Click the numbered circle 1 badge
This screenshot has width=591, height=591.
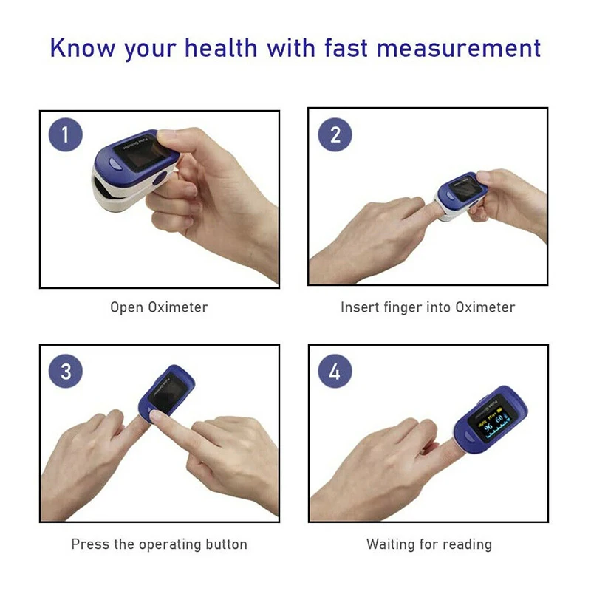(66, 135)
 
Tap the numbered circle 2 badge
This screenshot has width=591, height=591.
(335, 135)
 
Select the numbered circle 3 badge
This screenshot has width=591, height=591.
(66, 370)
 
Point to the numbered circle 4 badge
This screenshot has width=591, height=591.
(335, 370)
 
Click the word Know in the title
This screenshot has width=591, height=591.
(82, 48)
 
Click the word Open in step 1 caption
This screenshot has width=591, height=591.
(126, 307)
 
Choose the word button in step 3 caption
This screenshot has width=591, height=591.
(226, 544)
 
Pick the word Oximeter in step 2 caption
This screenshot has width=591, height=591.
(485, 307)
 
